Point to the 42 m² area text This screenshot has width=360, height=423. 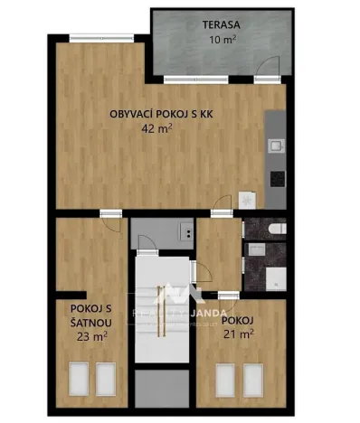156,128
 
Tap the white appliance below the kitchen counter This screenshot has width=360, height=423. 249,200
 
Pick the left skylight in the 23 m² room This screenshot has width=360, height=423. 78,376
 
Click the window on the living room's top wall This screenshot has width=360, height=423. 91,37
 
